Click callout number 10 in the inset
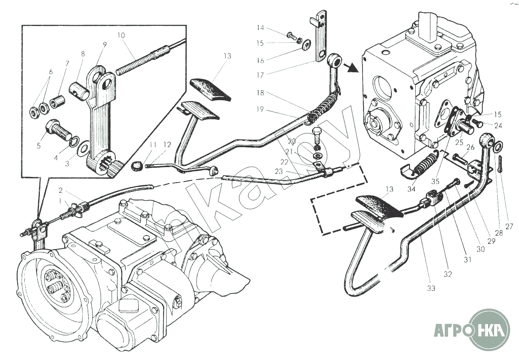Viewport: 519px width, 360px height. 121,35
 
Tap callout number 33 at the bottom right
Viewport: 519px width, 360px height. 431,288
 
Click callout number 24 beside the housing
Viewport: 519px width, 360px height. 498,125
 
